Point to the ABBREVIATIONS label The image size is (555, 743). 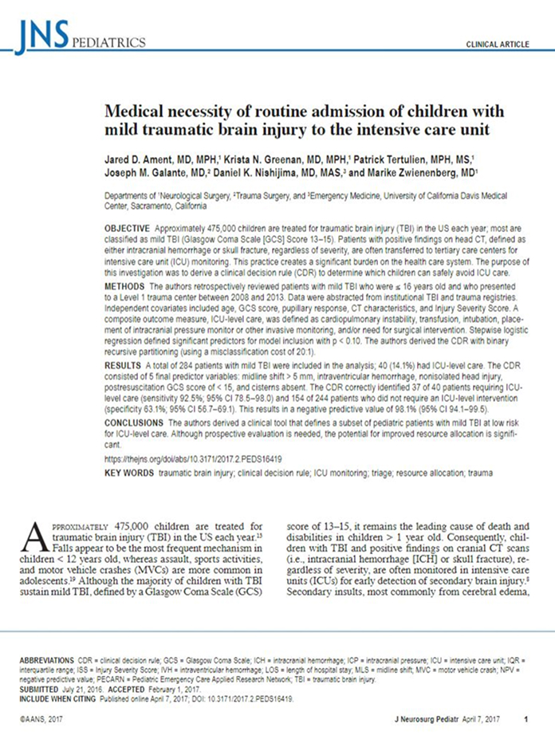[47, 662]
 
